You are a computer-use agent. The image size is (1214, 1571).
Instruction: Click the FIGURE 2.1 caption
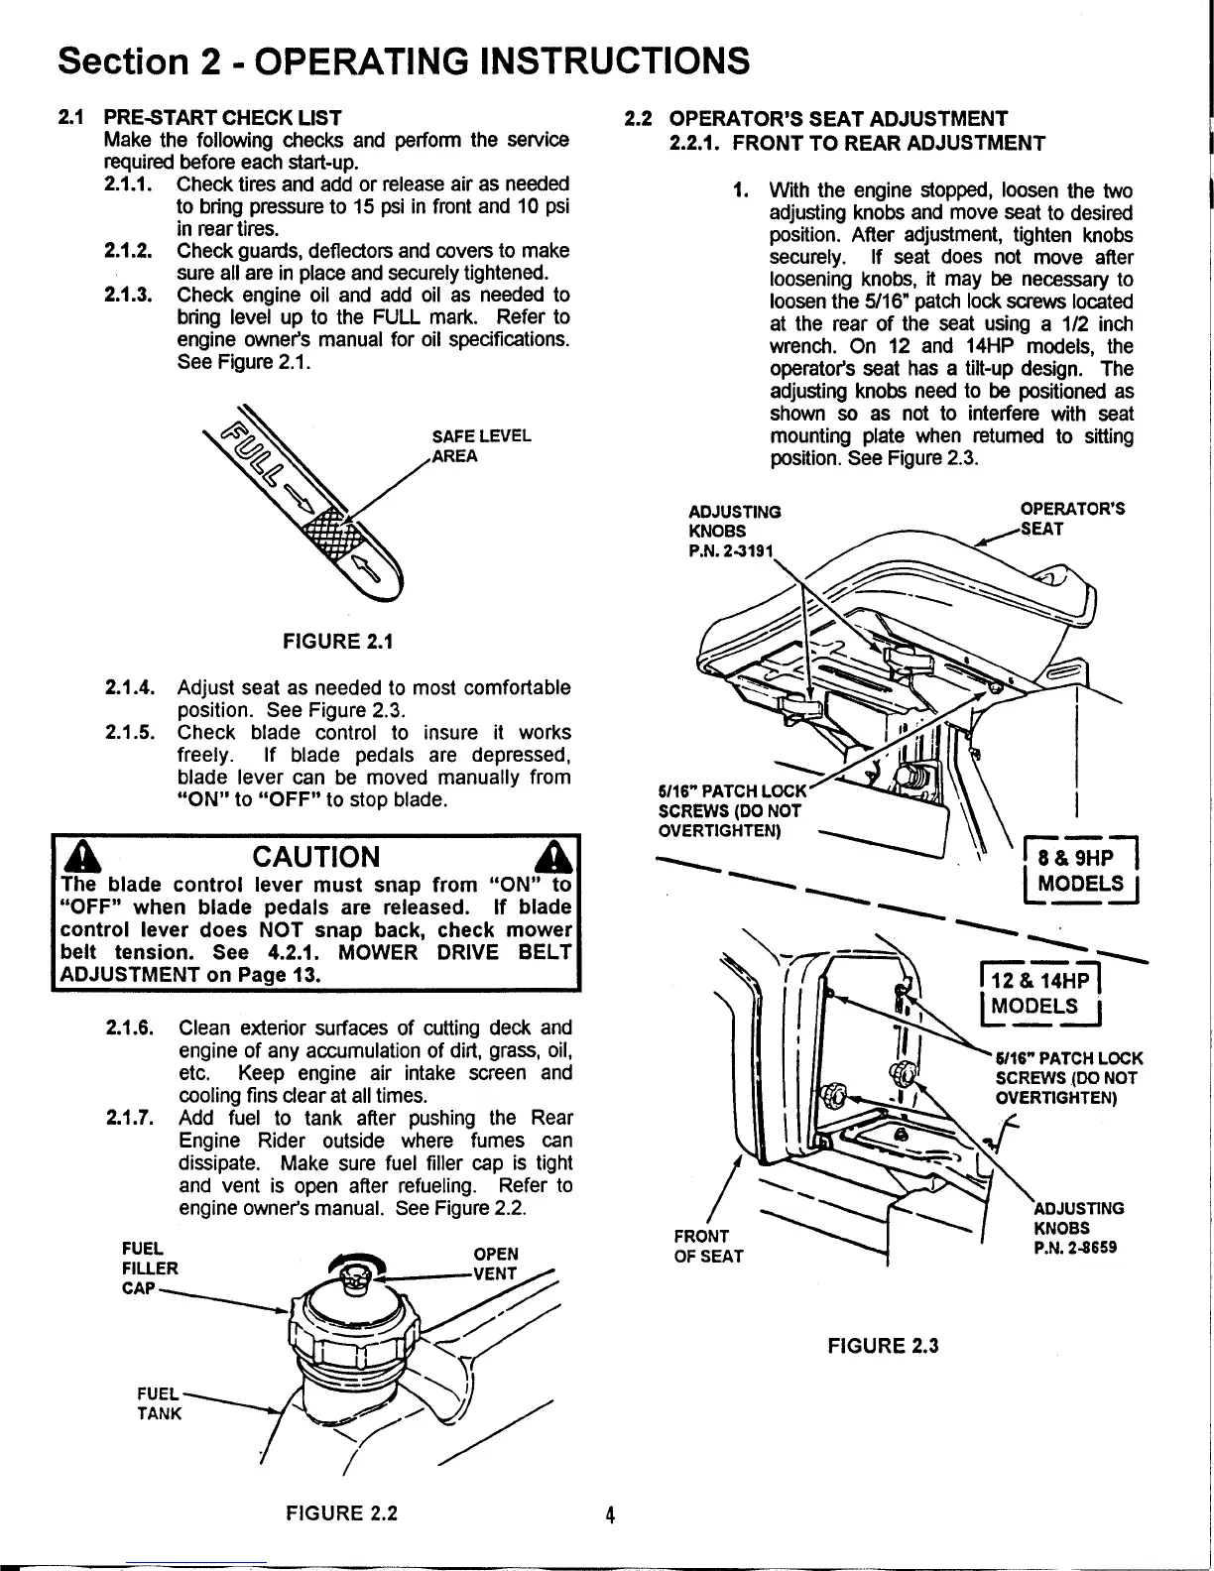click(x=337, y=641)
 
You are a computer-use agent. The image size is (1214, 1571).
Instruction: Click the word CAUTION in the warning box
click(x=315, y=856)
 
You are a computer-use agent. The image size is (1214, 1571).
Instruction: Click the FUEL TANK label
click(x=159, y=1403)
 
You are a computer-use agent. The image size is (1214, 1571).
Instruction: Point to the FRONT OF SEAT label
click(x=707, y=1246)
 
